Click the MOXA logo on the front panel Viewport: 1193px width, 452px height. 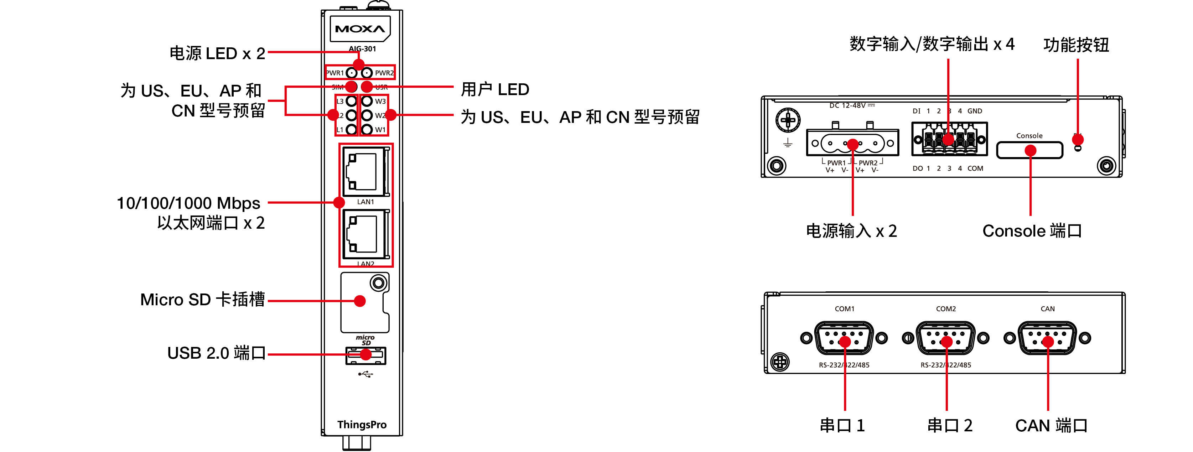(360, 29)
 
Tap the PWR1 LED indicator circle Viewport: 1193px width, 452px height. (352, 73)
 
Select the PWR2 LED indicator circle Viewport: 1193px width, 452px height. (367, 73)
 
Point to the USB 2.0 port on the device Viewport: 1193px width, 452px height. (365, 355)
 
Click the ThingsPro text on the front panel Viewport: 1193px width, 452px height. (362, 425)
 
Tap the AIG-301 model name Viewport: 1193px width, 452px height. (362, 49)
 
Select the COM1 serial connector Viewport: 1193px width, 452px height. (844, 338)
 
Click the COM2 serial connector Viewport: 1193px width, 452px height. (945, 338)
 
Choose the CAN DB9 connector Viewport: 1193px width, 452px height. (1047, 338)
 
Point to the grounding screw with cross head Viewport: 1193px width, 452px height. (788, 120)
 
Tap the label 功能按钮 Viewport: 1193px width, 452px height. (1076, 45)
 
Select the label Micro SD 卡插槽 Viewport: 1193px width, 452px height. (202, 300)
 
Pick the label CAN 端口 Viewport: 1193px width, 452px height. (1051, 425)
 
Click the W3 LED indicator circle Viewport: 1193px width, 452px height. (367, 101)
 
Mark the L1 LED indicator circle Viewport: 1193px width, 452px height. (352, 130)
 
